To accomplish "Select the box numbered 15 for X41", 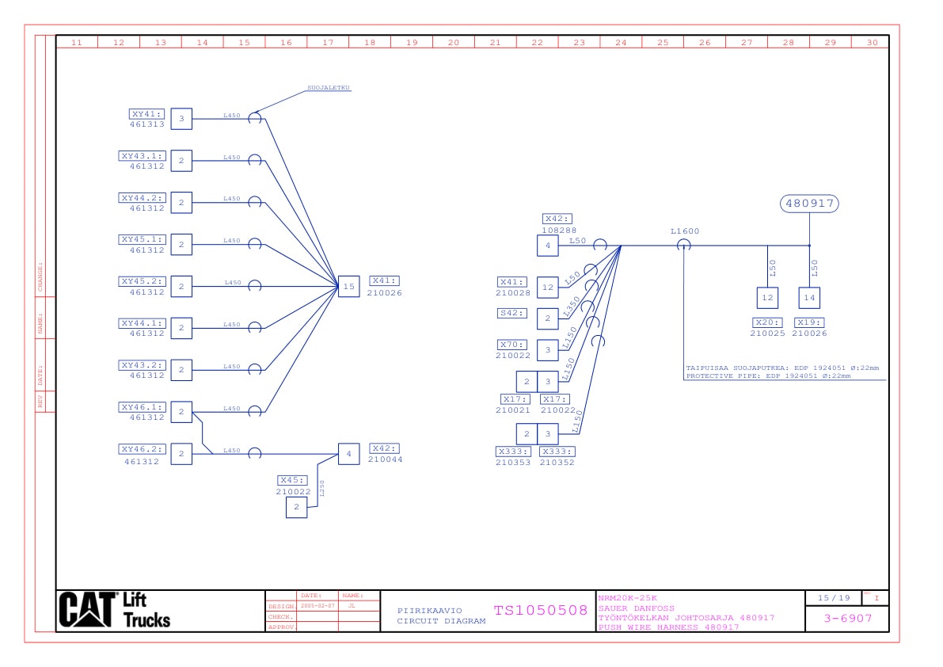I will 348,287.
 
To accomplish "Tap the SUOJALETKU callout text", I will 329,88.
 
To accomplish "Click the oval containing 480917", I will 809,204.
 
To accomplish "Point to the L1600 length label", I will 685,231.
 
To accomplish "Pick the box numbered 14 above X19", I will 809,298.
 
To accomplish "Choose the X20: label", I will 767,322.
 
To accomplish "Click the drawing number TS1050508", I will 541,611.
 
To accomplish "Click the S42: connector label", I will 511,313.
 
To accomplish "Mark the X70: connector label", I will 511,345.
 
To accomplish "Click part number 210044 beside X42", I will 385,459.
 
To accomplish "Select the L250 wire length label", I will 322,488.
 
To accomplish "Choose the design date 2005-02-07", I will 318,605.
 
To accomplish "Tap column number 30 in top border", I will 872,43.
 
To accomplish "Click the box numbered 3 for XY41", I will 181,120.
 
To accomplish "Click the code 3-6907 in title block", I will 847,618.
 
